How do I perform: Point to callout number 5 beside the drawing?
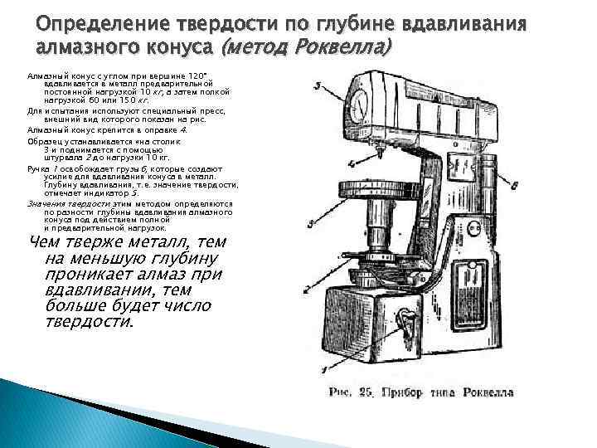[x=319, y=85]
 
